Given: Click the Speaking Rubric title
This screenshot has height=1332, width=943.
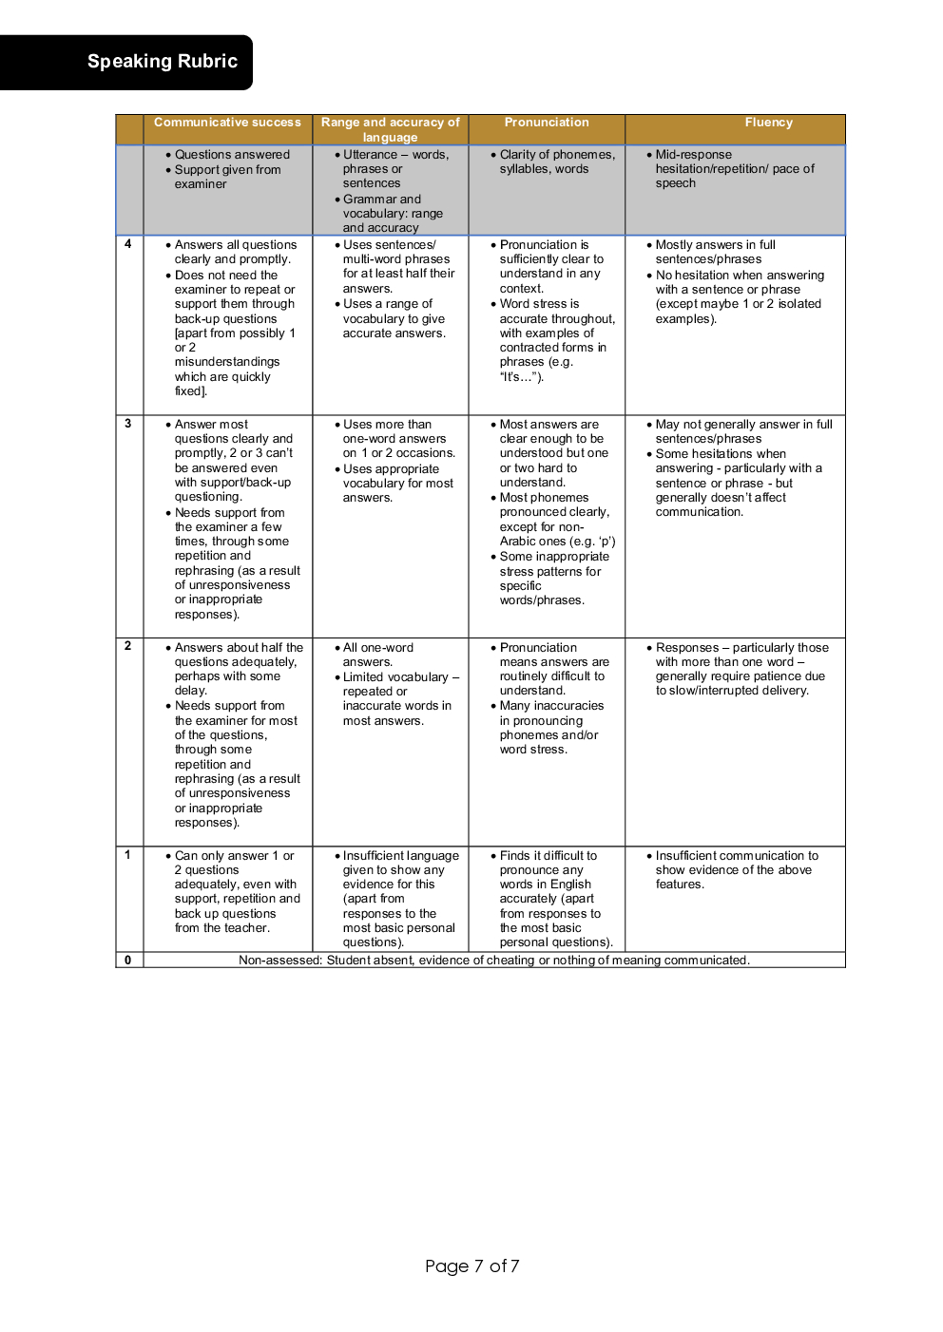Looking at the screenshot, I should [x=163, y=62].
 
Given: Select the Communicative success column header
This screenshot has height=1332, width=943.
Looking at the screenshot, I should [x=227, y=123].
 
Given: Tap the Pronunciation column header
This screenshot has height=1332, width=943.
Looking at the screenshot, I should [x=547, y=123].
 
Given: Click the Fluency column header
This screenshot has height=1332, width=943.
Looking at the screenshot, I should [x=768, y=123].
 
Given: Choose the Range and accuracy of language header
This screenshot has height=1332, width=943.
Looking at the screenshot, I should [x=390, y=129].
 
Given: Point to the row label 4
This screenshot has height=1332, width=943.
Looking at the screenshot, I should [x=128, y=244].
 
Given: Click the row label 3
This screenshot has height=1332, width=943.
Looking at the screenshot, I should [x=128, y=424].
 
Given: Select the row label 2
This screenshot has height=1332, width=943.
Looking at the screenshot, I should [x=128, y=646].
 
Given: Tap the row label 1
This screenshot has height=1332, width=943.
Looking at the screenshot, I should [x=128, y=854].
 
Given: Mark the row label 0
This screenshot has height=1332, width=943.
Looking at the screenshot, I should [x=128, y=960].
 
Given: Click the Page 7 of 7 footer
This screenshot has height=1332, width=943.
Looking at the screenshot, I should [x=471, y=1265].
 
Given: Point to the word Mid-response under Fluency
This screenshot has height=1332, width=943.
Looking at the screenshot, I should [x=693, y=155].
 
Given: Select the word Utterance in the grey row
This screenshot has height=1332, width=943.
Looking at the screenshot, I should [x=370, y=155].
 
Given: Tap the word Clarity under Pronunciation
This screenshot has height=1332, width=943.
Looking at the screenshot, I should [x=518, y=155].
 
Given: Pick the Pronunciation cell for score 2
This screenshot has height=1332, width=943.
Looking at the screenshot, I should [x=548, y=698].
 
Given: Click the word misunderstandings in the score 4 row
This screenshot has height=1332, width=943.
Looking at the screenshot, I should [x=227, y=362].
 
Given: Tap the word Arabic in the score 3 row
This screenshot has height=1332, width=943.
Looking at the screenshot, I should [x=518, y=542].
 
